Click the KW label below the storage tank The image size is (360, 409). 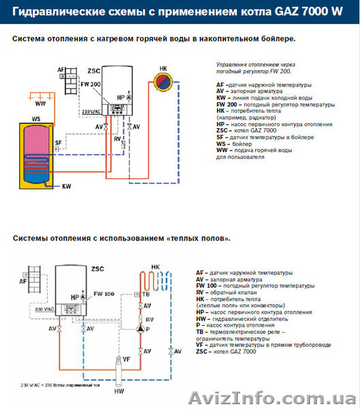(66, 185)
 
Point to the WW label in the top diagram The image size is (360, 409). (40, 104)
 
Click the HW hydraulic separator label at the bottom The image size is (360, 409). (120, 391)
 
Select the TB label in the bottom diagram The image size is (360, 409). (146, 294)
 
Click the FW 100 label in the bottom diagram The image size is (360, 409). (104, 293)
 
